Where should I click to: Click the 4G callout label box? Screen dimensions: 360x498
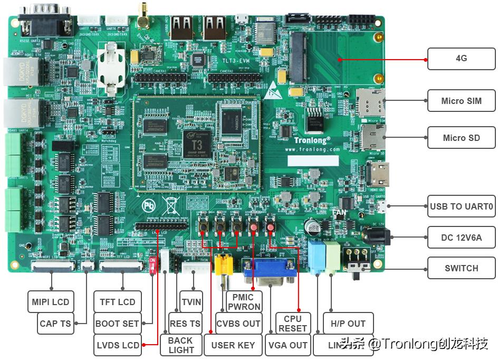pyautogui.click(x=461, y=59)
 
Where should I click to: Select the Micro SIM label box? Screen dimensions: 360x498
pyautogui.click(x=461, y=101)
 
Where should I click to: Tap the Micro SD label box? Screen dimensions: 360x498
pyautogui.click(x=461, y=138)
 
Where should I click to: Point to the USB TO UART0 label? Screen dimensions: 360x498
pyautogui.click(x=461, y=206)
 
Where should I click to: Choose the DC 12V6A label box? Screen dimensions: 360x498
pyautogui.click(x=461, y=238)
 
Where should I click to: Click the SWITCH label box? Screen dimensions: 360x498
pyautogui.click(x=461, y=268)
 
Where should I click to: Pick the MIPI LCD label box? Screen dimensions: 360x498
pyautogui.click(x=50, y=302)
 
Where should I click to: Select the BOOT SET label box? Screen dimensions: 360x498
pyautogui.click(x=117, y=324)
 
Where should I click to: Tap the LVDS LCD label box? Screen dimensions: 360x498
pyautogui.click(x=118, y=345)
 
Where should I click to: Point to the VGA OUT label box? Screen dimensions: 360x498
pyautogui.click(x=288, y=345)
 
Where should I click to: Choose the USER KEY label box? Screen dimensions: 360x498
pyautogui.click(x=233, y=345)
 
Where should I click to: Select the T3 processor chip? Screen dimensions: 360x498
pyautogui.click(x=197, y=141)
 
